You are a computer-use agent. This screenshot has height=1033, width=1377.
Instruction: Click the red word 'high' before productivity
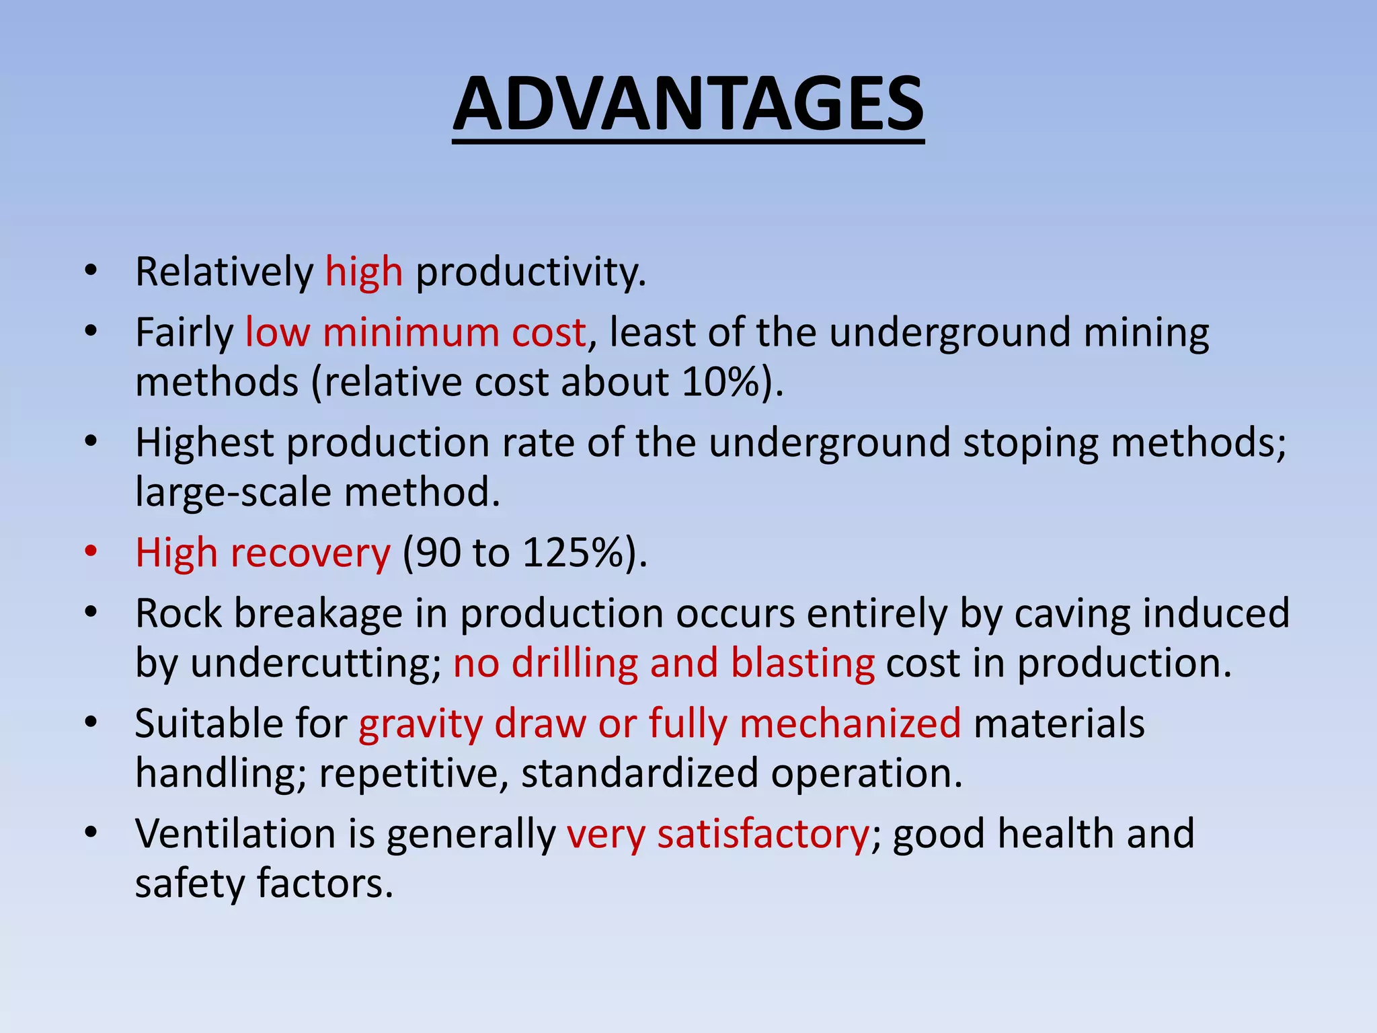pos(364,272)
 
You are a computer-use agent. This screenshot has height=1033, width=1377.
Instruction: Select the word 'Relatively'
pos(225,272)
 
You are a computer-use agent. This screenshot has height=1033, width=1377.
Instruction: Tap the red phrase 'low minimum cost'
pos(416,332)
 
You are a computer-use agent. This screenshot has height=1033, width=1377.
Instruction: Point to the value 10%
pos(723,382)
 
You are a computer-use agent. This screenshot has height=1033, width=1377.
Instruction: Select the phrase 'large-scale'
pos(233,492)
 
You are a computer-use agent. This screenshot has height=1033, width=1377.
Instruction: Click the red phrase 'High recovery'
pos(262,553)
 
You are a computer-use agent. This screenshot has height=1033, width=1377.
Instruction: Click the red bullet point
pos(91,553)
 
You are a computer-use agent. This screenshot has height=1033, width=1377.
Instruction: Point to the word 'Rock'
pos(178,613)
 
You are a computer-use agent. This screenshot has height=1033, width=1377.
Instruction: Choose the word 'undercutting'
pos(315,663)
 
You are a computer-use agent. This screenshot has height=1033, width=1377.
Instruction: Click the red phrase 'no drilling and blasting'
pos(664,663)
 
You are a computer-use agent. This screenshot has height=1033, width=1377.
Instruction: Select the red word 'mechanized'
pos(850,724)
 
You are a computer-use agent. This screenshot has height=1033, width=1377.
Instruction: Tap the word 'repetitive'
pos(413,773)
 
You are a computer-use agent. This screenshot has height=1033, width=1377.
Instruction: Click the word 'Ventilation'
pos(235,834)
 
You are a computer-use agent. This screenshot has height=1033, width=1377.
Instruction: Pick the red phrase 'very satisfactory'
pos(717,834)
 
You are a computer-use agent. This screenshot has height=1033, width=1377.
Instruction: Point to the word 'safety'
pos(190,884)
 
